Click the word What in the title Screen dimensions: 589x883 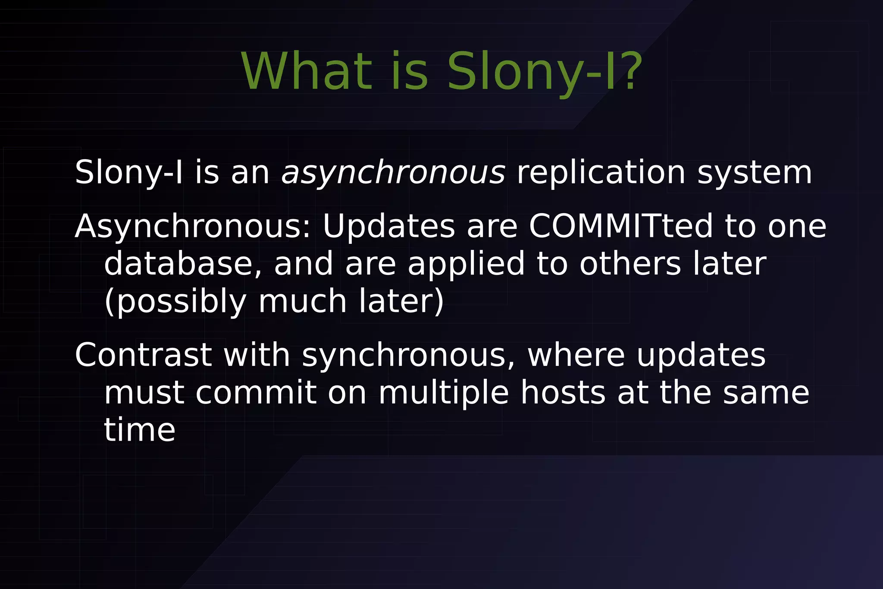[x=306, y=71]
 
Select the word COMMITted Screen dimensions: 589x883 [x=621, y=226]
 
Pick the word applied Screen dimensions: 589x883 [x=466, y=264]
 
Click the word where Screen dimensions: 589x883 [x=576, y=355]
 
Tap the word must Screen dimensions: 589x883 [x=144, y=393]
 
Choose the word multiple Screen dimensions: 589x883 [x=444, y=393]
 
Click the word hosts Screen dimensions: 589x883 [x=563, y=393]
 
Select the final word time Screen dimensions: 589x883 [x=140, y=430]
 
